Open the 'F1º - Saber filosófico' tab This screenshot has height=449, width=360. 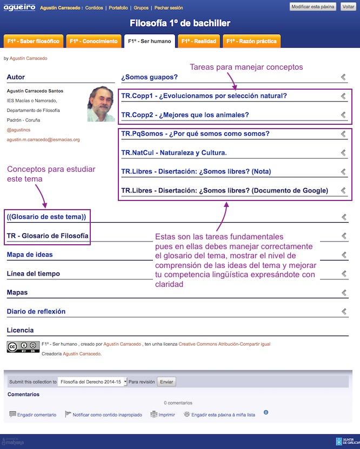(x=32, y=41)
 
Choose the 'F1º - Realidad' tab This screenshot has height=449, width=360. (x=198, y=41)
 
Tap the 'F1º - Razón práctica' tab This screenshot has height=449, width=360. (x=251, y=41)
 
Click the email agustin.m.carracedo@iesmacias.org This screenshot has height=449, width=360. (x=43, y=139)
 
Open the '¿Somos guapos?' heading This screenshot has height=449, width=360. (x=149, y=77)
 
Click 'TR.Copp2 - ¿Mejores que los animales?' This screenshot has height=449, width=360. (x=185, y=115)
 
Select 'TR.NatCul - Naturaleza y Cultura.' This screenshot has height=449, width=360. (x=174, y=153)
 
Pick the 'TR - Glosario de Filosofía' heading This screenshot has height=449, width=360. (x=48, y=236)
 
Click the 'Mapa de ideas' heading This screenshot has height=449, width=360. (x=30, y=255)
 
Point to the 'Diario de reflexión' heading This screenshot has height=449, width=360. (x=36, y=312)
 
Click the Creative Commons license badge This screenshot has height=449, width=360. (x=23, y=347)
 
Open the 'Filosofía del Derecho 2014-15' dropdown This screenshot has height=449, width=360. (x=92, y=381)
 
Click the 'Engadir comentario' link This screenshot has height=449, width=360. (x=37, y=415)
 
